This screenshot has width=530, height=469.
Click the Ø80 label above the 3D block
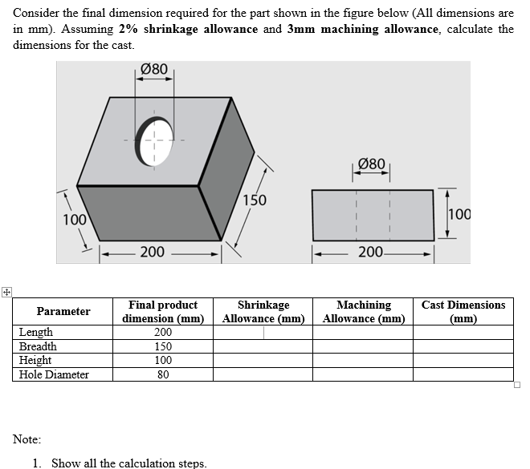click(x=154, y=70)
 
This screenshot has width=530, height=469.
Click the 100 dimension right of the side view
click(x=460, y=214)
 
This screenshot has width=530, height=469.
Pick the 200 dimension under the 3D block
click(x=153, y=253)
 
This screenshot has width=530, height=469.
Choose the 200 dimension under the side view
click(x=371, y=253)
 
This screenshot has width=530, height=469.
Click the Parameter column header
click(x=63, y=311)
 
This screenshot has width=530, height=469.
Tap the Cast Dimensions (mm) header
click(x=463, y=311)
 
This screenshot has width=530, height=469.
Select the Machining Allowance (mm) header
click(x=364, y=311)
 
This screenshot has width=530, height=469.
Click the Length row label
click(x=36, y=333)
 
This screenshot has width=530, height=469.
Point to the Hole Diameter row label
click(x=54, y=374)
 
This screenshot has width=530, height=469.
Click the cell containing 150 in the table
click(x=163, y=346)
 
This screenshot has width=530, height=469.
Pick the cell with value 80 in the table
click(x=163, y=374)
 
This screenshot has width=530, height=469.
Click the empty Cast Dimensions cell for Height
click(x=463, y=361)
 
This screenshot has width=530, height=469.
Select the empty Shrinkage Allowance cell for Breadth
click(x=263, y=346)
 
